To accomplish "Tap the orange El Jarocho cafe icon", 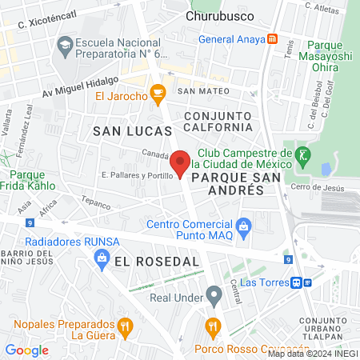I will tap(158, 95).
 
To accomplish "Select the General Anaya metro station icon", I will tap(273, 38).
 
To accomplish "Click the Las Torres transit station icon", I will tap(296, 282).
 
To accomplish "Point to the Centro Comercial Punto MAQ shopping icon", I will tap(245, 229).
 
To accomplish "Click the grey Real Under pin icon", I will tap(213, 295).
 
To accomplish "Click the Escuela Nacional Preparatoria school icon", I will tap(62, 46).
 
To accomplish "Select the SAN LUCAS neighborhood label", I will tap(132, 130).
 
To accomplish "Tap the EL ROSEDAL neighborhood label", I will tap(156, 262).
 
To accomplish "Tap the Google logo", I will tap(27, 349).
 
